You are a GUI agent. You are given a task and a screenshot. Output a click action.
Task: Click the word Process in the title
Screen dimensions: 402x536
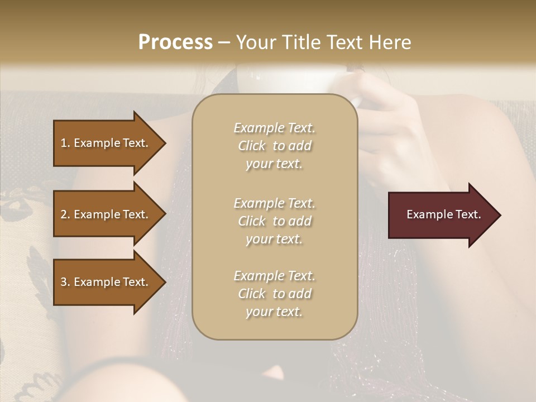[x=175, y=42]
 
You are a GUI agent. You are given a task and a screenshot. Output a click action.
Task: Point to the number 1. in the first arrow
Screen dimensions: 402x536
[x=65, y=143]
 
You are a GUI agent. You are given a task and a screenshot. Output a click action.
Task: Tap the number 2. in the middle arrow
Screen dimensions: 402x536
[x=65, y=214]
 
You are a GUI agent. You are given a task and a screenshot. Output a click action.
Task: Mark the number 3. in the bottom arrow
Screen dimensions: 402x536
[x=65, y=282]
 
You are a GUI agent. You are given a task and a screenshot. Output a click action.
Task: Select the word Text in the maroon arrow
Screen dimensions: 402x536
[x=468, y=214]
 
